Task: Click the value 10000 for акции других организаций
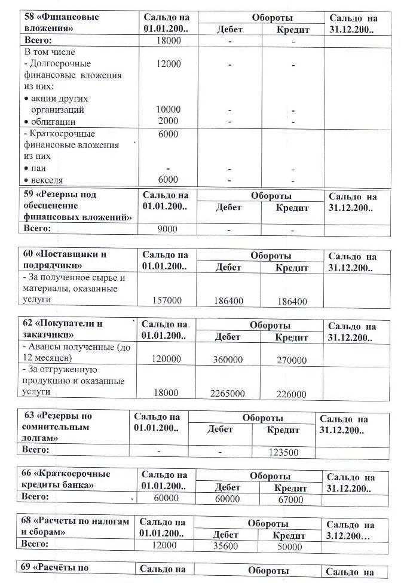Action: [169, 110]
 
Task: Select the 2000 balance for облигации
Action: [169, 121]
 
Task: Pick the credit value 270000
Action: [292, 360]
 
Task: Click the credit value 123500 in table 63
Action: [283, 453]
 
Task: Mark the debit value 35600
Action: [226, 546]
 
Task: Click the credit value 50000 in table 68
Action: [290, 546]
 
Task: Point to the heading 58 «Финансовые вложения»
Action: [62, 23]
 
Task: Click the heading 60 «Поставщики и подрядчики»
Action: [65, 260]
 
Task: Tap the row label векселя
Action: [47, 180]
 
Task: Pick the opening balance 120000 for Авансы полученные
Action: [166, 360]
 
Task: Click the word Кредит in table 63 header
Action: [283, 429]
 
